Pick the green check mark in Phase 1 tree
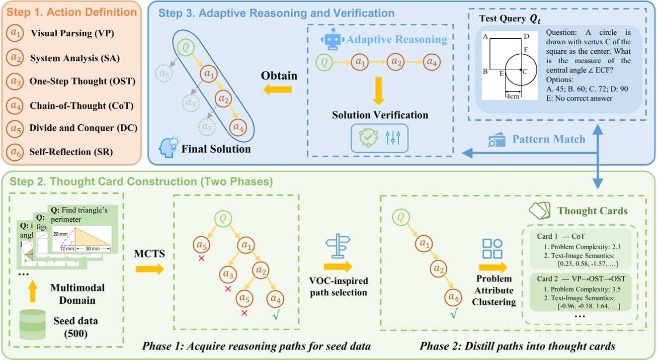276,313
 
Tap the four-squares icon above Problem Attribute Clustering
493,249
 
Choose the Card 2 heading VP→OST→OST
580,278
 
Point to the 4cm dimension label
513,96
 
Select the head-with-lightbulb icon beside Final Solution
167,145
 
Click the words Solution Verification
380,115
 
